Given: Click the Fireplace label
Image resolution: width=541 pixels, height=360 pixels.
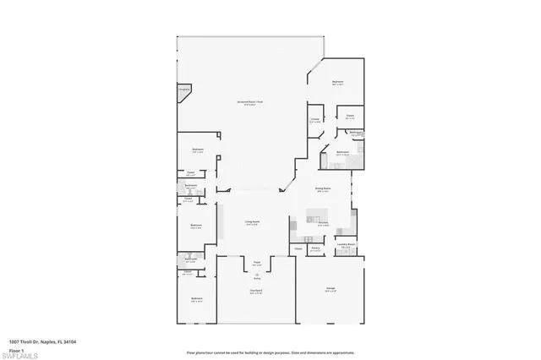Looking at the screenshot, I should point(183,88).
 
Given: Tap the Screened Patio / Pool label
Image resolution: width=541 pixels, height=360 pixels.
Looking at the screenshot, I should point(249,102).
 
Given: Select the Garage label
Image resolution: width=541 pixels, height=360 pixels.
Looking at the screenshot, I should point(331,289).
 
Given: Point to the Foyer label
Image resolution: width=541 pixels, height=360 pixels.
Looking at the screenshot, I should point(255,264).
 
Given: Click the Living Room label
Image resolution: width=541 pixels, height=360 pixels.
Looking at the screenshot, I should point(253,222).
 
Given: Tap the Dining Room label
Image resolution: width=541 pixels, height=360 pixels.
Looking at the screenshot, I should point(322,188).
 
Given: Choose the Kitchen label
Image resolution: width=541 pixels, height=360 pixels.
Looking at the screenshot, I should point(323,223).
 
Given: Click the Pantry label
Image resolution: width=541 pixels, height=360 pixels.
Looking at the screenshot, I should point(315,248).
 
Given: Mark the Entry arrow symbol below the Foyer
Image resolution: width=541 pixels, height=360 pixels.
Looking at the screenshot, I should point(255,275).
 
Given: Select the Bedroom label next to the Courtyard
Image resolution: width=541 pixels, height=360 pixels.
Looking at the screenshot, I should point(197,298).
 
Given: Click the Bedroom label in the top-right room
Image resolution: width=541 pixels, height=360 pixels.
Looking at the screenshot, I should point(337,83).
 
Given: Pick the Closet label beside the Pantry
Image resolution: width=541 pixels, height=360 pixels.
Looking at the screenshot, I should point(298,248).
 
